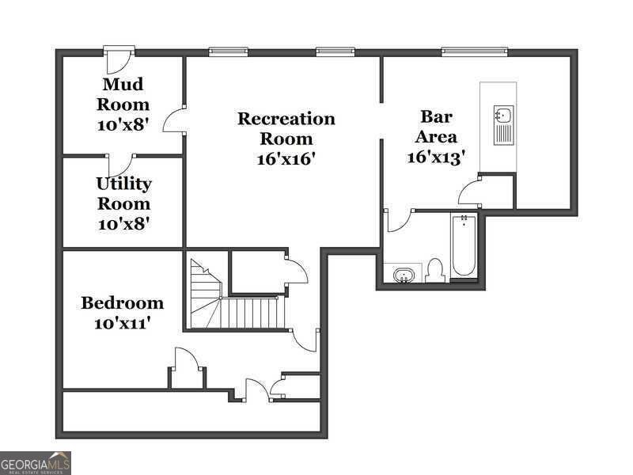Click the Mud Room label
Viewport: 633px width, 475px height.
tap(123, 94)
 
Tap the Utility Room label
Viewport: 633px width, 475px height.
tap(123, 193)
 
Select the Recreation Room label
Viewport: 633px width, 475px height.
tap(286, 129)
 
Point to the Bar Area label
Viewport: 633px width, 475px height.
tap(436, 127)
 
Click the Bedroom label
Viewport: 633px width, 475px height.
tap(123, 302)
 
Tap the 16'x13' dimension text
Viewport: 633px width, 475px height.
tap(436, 157)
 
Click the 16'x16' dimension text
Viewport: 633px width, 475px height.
tap(286, 158)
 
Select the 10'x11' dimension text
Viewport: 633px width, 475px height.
tap(123, 323)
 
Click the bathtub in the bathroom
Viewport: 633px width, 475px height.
tap(464, 245)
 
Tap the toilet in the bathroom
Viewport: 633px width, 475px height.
tap(434, 271)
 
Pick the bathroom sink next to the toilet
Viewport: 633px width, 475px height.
tap(404, 275)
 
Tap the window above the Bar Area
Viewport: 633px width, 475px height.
tap(474, 52)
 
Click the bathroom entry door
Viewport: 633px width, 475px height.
tap(398, 220)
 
